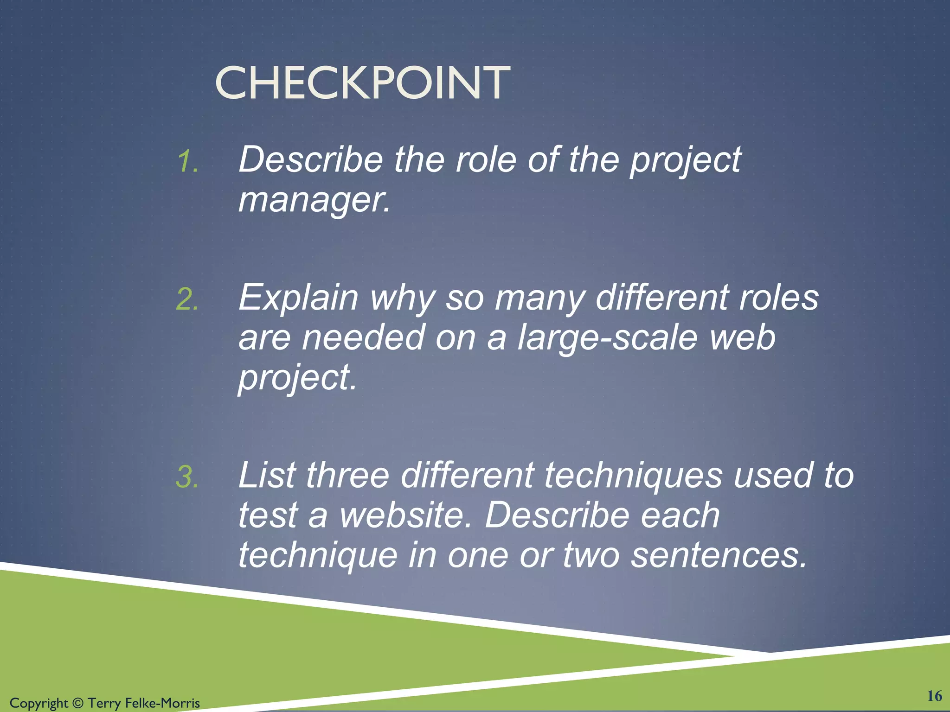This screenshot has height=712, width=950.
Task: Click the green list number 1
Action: click(188, 162)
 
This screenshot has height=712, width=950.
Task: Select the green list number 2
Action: click(187, 299)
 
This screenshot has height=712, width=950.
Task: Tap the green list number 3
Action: click(187, 477)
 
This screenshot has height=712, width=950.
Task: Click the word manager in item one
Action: click(314, 200)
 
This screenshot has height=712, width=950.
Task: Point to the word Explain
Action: click(298, 298)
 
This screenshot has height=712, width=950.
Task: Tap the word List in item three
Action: click(267, 475)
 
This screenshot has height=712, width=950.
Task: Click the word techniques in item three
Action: click(633, 475)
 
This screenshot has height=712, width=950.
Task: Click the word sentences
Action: click(719, 555)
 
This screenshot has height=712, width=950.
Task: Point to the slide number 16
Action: click(934, 696)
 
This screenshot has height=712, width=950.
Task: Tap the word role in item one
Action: click(486, 160)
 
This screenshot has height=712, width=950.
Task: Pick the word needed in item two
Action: click(363, 337)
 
